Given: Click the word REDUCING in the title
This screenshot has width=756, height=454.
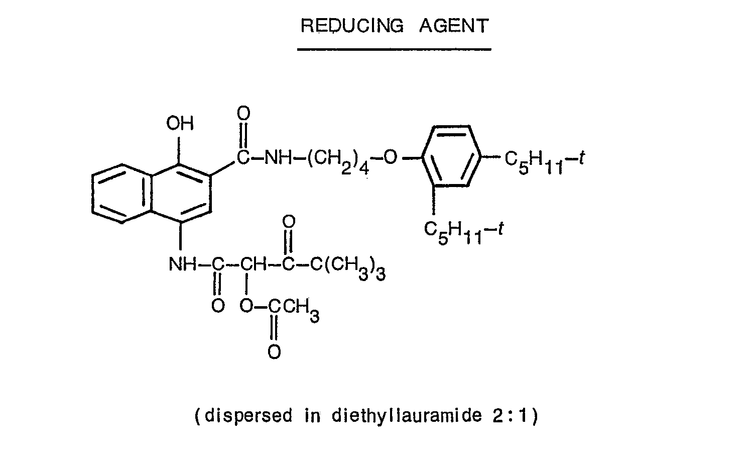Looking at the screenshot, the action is click(x=352, y=26).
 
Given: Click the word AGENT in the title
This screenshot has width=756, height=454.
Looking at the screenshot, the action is click(x=454, y=26).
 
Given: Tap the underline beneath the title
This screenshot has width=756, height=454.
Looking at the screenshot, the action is click(x=394, y=50).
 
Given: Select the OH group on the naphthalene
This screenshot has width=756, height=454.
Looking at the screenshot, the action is click(x=180, y=123).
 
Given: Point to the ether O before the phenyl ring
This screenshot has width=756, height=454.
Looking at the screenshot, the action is click(x=390, y=157).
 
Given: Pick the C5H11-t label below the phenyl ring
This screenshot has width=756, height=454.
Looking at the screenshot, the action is click(x=464, y=232).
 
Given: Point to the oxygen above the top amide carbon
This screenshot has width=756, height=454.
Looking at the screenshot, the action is click(x=243, y=113).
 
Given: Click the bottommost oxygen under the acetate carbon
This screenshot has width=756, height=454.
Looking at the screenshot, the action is click(x=274, y=351).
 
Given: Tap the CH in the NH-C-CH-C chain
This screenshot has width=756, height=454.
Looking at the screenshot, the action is click(x=253, y=264).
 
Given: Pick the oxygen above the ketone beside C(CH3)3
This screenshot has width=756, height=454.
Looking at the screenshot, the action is click(x=289, y=222).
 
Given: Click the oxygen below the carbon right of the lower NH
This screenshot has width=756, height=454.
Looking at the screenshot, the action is click(x=218, y=306).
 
